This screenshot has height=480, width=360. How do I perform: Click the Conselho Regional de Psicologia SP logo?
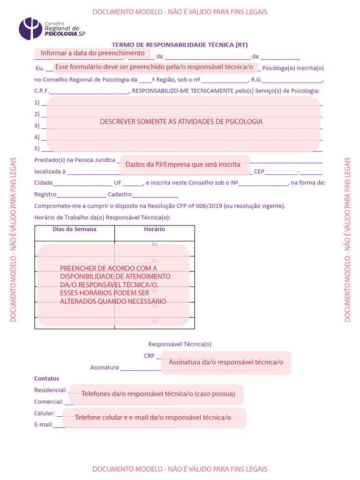click(x=52, y=28)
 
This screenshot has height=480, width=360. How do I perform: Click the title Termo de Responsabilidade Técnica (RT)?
click(x=180, y=45)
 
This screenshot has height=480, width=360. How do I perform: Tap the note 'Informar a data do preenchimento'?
click(x=92, y=53)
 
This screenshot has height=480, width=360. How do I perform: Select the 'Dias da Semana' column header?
click(x=75, y=229)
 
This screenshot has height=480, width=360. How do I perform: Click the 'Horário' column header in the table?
click(x=154, y=229)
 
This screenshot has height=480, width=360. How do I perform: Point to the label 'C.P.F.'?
click(x=41, y=91)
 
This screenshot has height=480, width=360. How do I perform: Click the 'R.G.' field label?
click(x=256, y=80)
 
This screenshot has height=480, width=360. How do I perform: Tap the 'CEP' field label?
click(x=259, y=172)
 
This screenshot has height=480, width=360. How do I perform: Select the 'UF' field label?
click(x=118, y=183)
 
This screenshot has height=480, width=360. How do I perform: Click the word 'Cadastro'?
click(x=120, y=195)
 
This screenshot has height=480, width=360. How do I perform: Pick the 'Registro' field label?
click(x=45, y=195)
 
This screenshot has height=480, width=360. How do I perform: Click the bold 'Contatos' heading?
click(x=47, y=378)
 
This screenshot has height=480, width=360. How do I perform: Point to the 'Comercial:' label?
click(x=49, y=402)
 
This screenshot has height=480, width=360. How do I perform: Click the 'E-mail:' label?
click(x=43, y=425)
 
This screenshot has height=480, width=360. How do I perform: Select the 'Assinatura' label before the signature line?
click(x=104, y=367)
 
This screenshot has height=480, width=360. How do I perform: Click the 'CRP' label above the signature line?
click(x=149, y=356)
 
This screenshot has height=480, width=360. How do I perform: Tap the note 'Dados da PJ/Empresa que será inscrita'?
click(x=183, y=165)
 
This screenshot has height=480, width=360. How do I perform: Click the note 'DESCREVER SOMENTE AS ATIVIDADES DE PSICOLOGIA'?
click(x=181, y=121)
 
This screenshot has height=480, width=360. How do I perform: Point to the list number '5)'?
click(x=37, y=149)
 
